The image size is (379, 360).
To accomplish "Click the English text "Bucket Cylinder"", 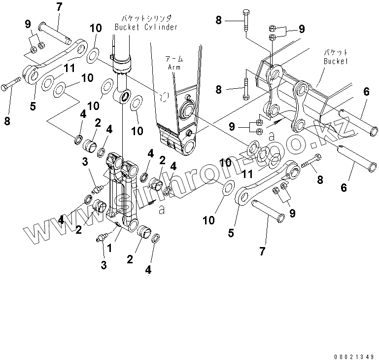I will [146, 27].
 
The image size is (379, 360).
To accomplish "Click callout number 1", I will [110, 249].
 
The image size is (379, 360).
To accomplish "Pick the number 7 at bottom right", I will [262, 251].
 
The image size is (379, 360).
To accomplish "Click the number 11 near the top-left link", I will [69, 69].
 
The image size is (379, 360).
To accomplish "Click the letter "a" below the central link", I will [162, 209].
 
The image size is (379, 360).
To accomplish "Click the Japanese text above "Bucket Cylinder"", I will [146, 18].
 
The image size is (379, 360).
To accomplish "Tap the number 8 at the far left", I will [7, 107].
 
